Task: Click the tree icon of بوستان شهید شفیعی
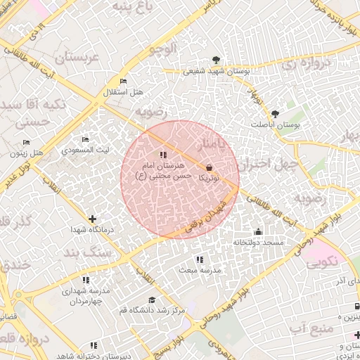(216, 60)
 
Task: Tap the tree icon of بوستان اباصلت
(274, 113)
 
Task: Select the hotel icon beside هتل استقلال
(124, 82)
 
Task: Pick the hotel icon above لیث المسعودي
(86, 140)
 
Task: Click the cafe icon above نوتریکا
(210, 167)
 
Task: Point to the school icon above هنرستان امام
(163, 155)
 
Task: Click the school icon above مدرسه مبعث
(200, 259)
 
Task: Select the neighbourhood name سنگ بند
(87, 251)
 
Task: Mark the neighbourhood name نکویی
(322, 262)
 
